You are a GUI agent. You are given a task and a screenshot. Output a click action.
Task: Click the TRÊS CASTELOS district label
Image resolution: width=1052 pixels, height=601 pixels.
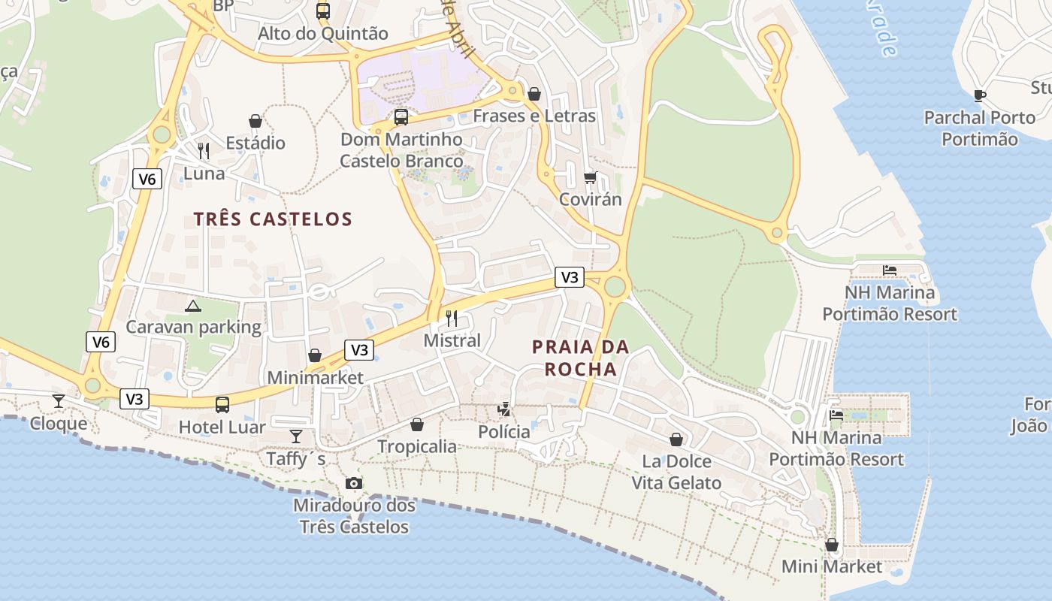pos(273,219)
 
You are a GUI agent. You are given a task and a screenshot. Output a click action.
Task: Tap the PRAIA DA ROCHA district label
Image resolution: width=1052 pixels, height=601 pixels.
pos(580,358)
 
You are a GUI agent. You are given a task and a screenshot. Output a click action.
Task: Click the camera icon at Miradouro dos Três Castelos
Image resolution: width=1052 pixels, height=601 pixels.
pos(354,483)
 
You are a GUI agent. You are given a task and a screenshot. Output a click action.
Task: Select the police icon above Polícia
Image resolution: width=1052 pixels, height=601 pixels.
pos(504,409)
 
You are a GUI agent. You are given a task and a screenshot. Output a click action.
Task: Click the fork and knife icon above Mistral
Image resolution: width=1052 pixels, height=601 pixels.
pos(452,318)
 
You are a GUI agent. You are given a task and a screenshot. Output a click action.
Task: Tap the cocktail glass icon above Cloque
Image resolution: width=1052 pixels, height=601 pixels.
pos(59,400)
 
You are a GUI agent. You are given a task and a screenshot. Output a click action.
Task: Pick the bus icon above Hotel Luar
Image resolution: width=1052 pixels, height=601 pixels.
pos(222,405)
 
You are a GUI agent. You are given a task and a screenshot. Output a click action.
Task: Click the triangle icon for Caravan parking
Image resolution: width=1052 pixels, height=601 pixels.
pos(193,306)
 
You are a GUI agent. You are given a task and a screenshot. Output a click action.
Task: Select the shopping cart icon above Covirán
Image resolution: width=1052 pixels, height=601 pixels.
pos(591,177)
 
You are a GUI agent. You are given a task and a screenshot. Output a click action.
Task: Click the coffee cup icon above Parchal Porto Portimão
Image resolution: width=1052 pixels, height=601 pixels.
pos(979,95)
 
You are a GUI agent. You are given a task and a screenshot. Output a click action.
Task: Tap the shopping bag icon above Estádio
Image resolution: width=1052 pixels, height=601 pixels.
pos(255,121)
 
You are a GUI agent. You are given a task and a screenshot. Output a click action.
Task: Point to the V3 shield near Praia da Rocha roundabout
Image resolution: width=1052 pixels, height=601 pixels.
pos(570,277)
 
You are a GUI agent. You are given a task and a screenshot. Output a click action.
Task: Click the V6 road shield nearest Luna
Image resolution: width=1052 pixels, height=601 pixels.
pos(147,179)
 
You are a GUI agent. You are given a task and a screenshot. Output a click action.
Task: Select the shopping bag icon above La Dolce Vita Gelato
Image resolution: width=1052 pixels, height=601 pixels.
pos(676,439)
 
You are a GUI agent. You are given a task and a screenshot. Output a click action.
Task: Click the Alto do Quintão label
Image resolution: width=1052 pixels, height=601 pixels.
pos(323,34)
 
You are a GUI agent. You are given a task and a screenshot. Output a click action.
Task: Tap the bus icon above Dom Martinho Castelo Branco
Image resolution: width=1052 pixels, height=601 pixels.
pos(401,117)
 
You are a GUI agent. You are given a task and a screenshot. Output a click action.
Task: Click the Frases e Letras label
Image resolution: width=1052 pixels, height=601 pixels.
pos(534,116)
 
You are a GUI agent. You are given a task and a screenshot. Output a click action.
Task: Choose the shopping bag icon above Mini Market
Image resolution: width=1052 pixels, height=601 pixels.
pos(832,545)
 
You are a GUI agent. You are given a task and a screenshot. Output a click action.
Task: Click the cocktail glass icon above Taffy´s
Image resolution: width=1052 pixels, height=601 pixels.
pos(296,436)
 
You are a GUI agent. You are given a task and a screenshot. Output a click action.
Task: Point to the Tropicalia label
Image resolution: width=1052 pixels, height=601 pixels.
pos(417,446)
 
